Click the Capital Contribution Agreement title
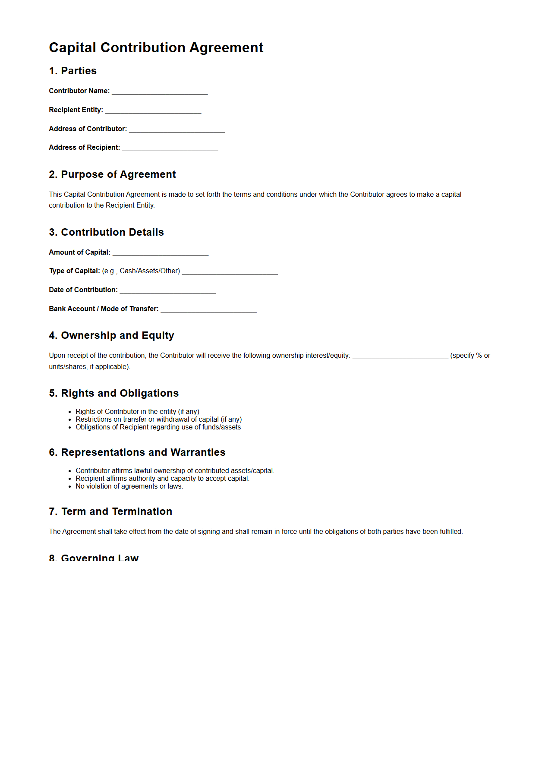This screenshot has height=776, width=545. click(x=156, y=47)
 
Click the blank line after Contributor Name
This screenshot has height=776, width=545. click(x=160, y=91)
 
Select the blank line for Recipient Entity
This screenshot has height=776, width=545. click(x=153, y=110)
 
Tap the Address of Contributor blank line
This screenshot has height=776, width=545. click(x=177, y=129)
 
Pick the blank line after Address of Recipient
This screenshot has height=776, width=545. click(x=170, y=148)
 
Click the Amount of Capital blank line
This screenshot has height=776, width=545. click(x=161, y=253)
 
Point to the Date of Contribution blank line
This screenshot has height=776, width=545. click(x=168, y=290)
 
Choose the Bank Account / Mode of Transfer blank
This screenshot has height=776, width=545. click(x=208, y=309)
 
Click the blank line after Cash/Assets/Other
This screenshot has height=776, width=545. click(x=230, y=271)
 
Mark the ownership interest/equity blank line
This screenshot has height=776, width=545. click(x=400, y=356)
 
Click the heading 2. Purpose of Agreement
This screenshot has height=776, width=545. click(x=112, y=174)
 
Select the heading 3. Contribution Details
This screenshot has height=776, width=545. click(x=106, y=232)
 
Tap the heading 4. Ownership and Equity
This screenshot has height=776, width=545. click(x=111, y=335)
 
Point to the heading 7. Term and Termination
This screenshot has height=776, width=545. click(x=110, y=511)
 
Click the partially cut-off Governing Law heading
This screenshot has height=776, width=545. click(x=94, y=557)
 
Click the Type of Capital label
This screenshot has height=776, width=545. click(x=74, y=271)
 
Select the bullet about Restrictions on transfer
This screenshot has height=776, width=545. click(x=158, y=420)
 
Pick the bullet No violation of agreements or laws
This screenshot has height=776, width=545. click(x=129, y=486)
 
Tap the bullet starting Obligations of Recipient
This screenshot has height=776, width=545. click(x=158, y=427)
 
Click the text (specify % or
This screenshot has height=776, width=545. click(x=470, y=356)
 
